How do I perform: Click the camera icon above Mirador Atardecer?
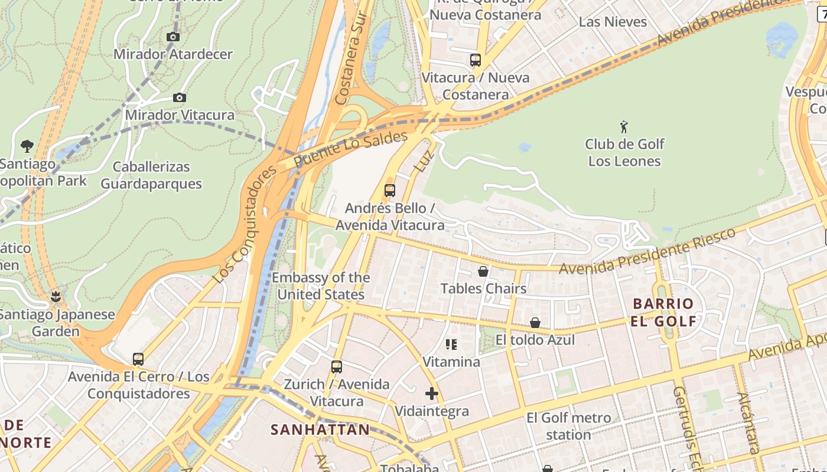(173, 37)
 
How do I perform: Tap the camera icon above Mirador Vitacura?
(180, 97)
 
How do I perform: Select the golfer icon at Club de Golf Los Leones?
(624, 126)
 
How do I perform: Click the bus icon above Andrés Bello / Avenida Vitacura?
(390, 190)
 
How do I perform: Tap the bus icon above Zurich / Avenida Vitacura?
(337, 366)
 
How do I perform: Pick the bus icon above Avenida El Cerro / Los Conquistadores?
(138, 359)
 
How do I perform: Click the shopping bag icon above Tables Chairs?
(483, 271)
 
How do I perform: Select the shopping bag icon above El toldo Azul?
(535, 322)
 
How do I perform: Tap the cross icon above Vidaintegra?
(432, 393)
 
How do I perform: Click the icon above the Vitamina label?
(451, 344)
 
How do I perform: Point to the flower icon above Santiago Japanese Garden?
(56, 296)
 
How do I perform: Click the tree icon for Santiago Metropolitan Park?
(27, 146)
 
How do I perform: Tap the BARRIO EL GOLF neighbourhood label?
(663, 313)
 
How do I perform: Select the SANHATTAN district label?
(320, 430)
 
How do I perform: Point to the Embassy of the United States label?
(321, 286)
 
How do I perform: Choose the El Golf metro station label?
(568, 426)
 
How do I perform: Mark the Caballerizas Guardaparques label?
(151, 175)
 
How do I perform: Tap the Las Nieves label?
(613, 22)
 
